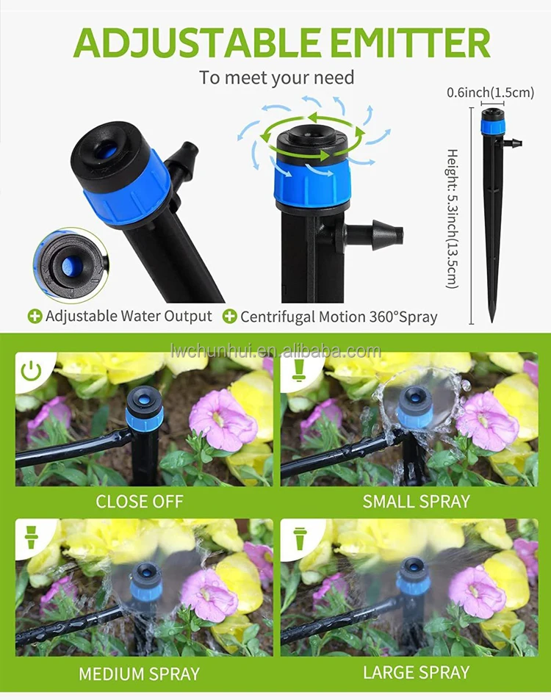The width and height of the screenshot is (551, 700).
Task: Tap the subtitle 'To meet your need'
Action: (276, 78)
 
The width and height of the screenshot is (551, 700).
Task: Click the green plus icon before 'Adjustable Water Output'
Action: (35, 317)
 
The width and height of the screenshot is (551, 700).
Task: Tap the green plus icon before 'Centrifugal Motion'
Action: (229, 317)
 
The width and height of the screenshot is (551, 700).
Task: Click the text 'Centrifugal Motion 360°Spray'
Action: (339, 317)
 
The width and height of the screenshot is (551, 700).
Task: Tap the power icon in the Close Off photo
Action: (31, 371)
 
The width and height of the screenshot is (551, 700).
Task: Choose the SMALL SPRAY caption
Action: (416, 502)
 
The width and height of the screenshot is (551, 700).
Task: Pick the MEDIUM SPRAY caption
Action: (139, 673)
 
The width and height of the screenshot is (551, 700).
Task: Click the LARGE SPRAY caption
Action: (416, 673)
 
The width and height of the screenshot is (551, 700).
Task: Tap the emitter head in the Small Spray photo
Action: (416, 405)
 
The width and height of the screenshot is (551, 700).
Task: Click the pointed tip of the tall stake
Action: (491, 319)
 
